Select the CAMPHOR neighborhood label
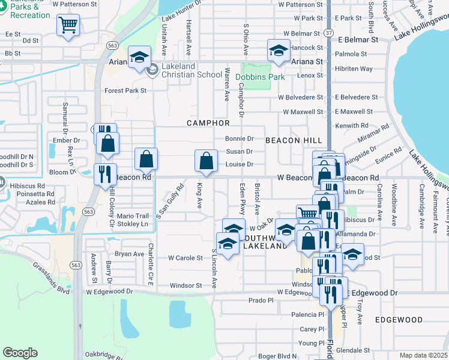click(x=208, y=123)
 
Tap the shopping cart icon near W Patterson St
click(x=68, y=25)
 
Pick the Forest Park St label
click(x=125, y=91)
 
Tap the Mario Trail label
click(x=132, y=216)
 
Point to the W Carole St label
click(x=185, y=257)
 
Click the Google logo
click(x=20, y=353)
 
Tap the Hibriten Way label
click(x=354, y=69)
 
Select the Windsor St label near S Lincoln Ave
click(x=185, y=286)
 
